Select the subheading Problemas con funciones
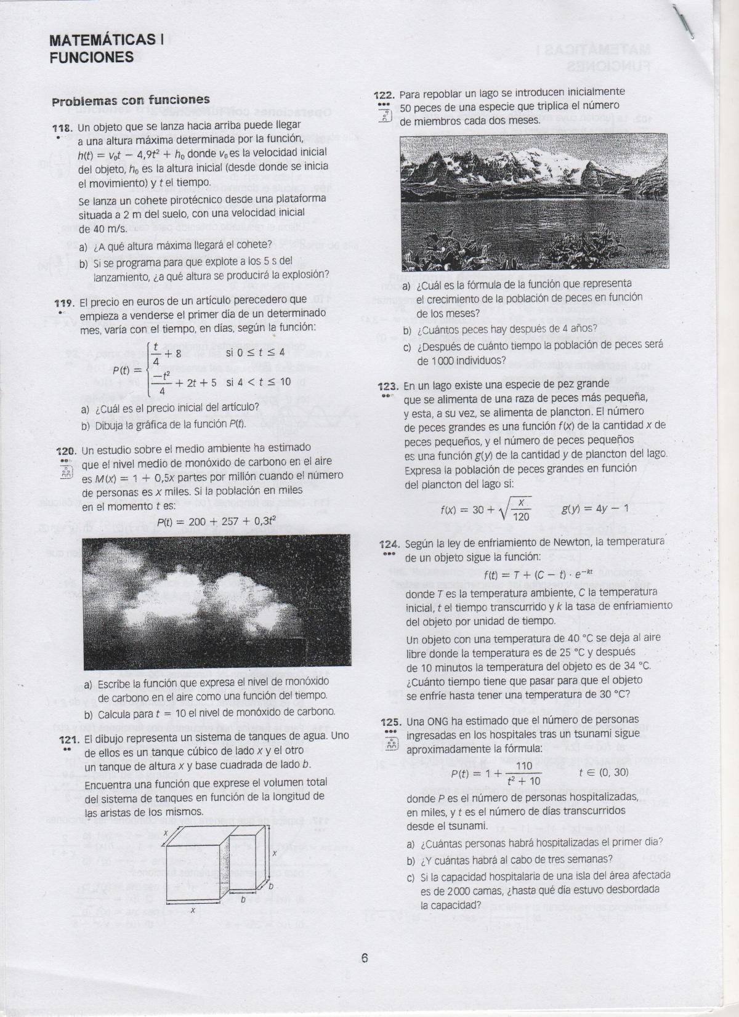tap(131, 100)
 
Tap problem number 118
tap(64, 129)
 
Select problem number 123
tap(388, 387)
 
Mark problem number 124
tap(389, 544)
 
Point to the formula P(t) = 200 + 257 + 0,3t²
tap(205, 522)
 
